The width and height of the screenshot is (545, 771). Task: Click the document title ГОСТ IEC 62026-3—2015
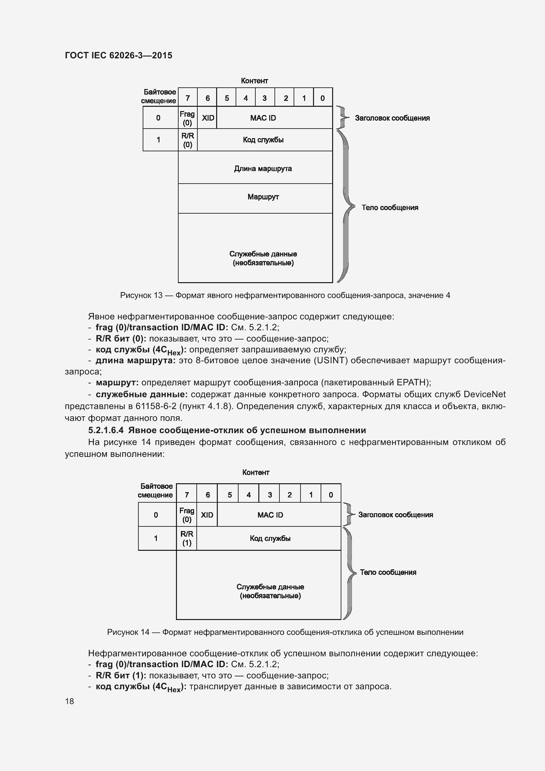click(119, 55)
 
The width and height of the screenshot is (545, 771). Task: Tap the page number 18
click(70, 701)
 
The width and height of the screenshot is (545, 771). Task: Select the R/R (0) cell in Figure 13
click(187, 140)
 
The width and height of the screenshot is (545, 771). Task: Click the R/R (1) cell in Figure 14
click(186, 538)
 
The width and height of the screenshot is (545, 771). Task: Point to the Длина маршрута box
click(263, 168)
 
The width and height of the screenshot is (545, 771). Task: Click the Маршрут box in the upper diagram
click(263, 197)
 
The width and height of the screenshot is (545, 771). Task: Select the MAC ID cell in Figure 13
click(263, 118)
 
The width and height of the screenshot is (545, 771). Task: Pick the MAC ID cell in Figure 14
click(270, 515)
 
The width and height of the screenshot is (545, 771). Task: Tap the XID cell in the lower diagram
click(207, 515)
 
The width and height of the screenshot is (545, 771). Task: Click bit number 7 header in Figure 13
click(187, 98)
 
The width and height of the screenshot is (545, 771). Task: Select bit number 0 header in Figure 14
click(331, 495)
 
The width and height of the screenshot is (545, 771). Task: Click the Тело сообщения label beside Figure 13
click(389, 208)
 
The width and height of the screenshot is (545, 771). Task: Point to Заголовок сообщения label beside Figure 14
click(395, 515)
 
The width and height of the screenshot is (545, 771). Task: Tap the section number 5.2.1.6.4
click(106, 430)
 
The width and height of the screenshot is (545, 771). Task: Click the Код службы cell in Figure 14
click(270, 538)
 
